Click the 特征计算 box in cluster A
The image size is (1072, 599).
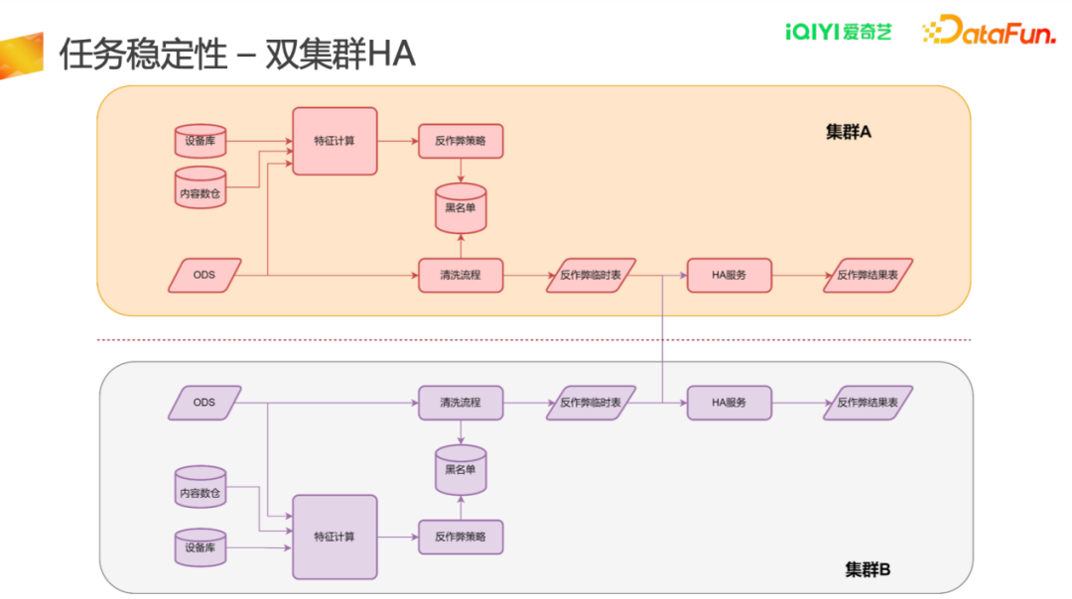click(x=335, y=141)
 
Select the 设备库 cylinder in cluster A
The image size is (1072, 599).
click(x=201, y=141)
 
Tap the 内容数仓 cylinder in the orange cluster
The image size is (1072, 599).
click(x=201, y=187)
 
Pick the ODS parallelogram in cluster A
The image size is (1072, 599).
click(x=204, y=276)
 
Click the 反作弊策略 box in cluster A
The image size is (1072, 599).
click(x=461, y=142)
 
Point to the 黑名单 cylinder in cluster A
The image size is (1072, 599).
click(x=461, y=208)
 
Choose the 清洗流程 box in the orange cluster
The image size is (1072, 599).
click(x=461, y=276)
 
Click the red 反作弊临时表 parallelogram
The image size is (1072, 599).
click(x=591, y=276)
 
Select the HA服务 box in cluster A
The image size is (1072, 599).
click(x=729, y=276)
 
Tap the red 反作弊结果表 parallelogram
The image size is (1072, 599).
click(x=868, y=276)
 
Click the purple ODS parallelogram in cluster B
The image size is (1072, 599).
click(x=204, y=403)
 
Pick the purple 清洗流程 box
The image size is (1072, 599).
click(x=461, y=403)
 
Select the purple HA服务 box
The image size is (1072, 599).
click(x=729, y=403)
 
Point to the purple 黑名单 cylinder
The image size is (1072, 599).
click(x=461, y=470)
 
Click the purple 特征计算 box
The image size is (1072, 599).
click(x=335, y=537)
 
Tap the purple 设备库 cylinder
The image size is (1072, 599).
click(x=201, y=547)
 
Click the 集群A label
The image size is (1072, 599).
click(x=849, y=132)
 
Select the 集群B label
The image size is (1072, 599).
click(x=868, y=569)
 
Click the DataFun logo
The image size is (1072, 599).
click(x=990, y=30)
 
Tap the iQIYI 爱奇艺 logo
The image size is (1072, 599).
click(x=838, y=32)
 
